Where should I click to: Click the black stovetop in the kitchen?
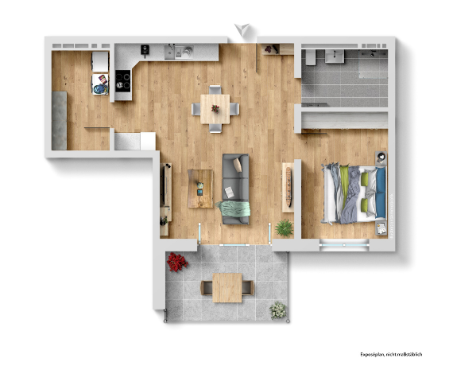pos(122,81)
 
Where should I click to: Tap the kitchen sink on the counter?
pos(179,53)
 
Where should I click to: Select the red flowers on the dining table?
pos(215,109)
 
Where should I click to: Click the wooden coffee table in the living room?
pos(200,189)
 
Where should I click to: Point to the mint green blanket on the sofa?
pos(234,209)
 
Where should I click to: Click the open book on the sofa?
pos(230,193)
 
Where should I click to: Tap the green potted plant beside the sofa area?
pos(285,228)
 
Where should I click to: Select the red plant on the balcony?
pos(176,262)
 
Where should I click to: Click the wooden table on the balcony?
pos(227,288)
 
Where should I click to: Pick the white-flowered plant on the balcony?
pos(278,310)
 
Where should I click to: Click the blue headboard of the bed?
pos(381,193)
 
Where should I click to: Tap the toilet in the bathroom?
pos(311,57)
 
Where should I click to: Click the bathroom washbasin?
pos(335,56)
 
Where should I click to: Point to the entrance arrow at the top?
pos(242,29)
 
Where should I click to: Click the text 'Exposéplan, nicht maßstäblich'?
pos(391,354)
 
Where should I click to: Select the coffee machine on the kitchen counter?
pos(145,49)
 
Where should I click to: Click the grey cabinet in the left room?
pos(60,121)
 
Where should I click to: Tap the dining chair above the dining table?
pos(215,90)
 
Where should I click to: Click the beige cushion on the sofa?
pos(238,165)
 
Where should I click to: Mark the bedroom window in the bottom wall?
pos(344,245)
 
